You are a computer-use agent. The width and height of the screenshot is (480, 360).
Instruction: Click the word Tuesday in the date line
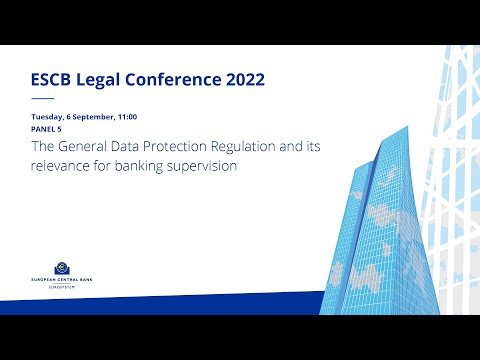(47, 118)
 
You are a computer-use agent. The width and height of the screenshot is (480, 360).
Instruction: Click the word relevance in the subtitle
(62, 166)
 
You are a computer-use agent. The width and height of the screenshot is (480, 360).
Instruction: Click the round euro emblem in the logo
(63, 267)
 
